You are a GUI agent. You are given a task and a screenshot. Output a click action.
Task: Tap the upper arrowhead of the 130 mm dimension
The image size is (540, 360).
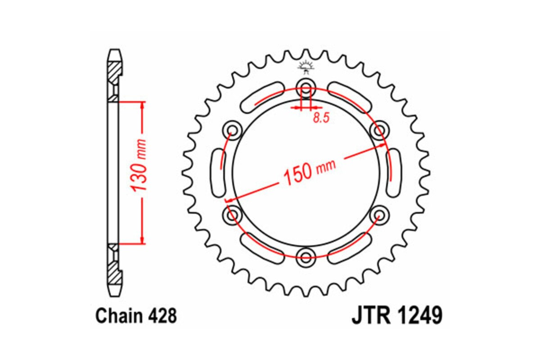143,105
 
